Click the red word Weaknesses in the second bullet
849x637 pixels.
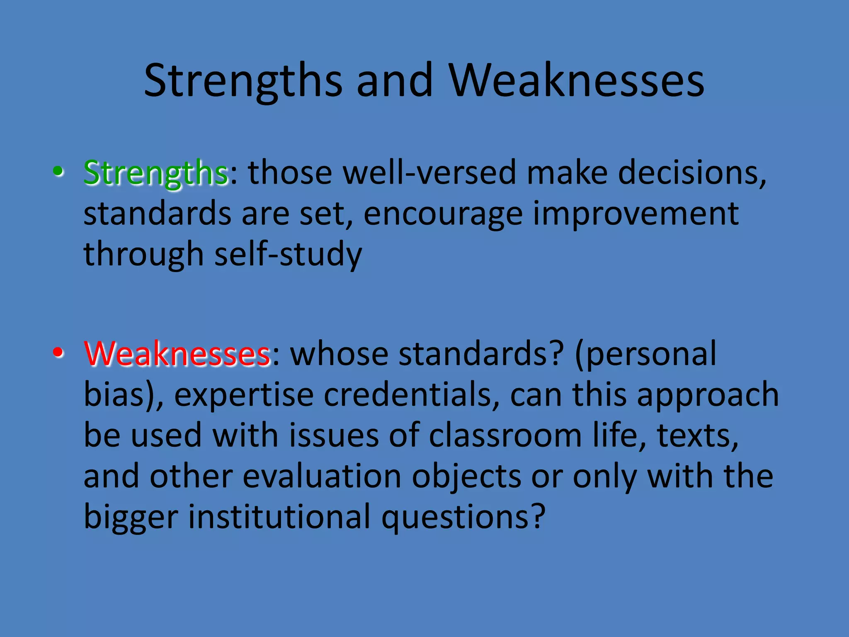(x=177, y=354)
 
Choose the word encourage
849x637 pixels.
(x=443, y=214)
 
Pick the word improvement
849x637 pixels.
(x=636, y=214)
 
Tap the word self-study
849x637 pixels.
(x=288, y=254)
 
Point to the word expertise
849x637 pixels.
(x=244, y=395)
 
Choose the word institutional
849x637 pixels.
(x=279, y=517)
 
